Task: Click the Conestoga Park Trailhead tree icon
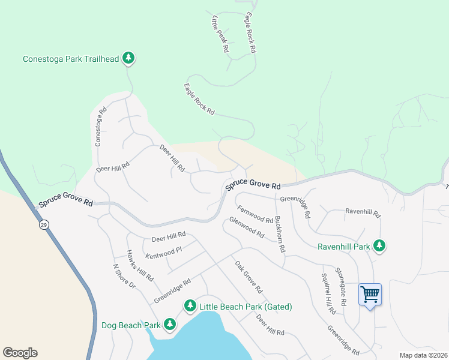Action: (128, 58)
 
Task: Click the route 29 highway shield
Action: (44, 224)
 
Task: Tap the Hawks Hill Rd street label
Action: (140, 266)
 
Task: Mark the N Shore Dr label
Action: (124, 275)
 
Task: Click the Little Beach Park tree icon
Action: (190, 306)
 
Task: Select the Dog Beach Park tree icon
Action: (170, 325)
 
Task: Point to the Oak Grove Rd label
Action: (249, 277)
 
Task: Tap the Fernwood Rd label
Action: (255, 214)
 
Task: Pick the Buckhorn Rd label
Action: (279, 233)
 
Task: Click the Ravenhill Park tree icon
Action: (379, 245)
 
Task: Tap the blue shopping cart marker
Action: (370, 295)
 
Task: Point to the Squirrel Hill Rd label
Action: (327, 294)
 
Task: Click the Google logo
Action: (20, 353)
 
